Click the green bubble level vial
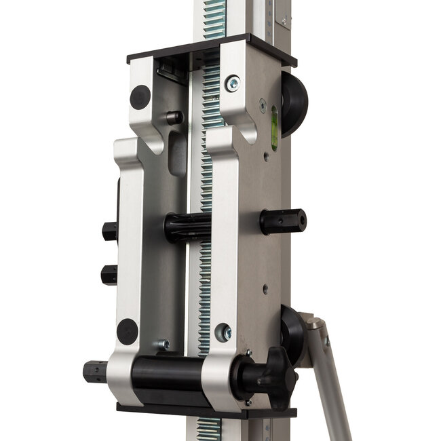275,127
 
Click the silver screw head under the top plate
233,83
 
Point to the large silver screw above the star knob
223,332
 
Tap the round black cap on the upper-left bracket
140,97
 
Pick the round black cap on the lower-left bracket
127,331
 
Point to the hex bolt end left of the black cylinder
95,372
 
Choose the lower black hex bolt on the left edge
109,274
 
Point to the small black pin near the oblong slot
174,117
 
